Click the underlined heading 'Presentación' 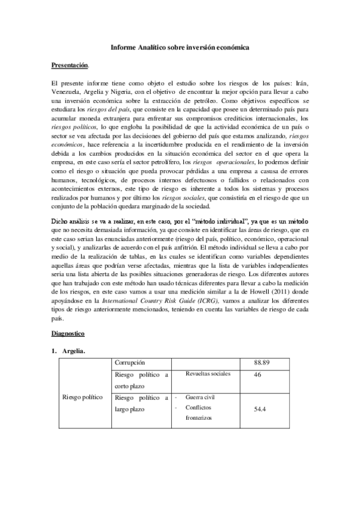[70, 64]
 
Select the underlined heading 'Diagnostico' [68, 333]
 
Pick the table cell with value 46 [258, 375]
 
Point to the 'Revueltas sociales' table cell [208, 374]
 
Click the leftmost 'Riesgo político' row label [83, 398]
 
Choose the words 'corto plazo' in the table [130, 386]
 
